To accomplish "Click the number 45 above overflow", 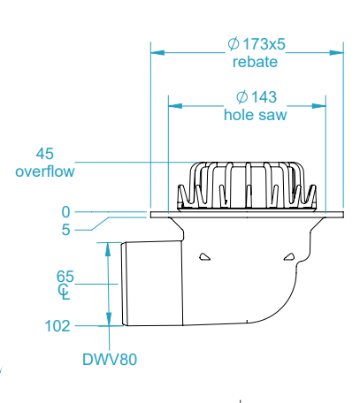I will (45, 153).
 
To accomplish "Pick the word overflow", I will (44, 171).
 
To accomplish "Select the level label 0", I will (65, 212).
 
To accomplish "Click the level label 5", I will (65, 231).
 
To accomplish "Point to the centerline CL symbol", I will (64, 290).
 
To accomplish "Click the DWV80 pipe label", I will (110, 359).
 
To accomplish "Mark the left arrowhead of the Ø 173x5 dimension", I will (156, 52).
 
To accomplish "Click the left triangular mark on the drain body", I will (204, 257).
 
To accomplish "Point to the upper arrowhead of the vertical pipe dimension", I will (110, 247).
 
